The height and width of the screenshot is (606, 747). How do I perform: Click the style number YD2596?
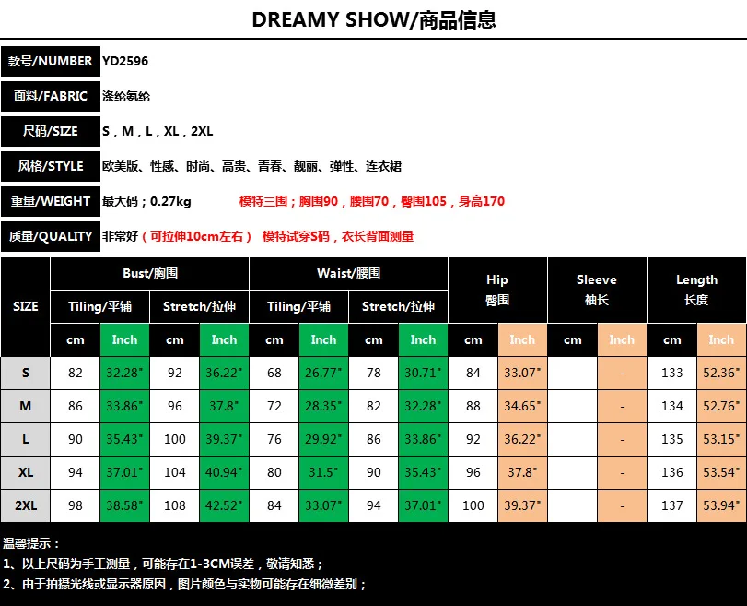pos(125,61)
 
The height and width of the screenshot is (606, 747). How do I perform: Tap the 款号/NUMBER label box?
pos(51,61)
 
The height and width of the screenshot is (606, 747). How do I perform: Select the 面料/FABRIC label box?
pos(51,96)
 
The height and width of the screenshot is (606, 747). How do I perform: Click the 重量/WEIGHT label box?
pos(51,201)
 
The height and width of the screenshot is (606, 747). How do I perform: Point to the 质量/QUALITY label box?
pos(51,236)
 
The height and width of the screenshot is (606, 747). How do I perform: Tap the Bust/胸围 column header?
pos(149,273)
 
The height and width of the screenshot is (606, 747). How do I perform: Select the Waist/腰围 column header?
pos(348,273)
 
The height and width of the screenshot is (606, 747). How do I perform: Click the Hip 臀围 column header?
pos(497,290)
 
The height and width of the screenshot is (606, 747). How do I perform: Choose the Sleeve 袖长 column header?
pos(597,290)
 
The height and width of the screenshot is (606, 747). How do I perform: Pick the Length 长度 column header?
pos(696,290)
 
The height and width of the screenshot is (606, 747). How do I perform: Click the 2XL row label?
pos(25,505)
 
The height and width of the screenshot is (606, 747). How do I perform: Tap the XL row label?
pos(25,472)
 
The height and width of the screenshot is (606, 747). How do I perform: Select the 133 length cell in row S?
pos(671,373)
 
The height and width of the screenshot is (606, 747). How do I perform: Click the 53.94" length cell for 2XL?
pos(721,505)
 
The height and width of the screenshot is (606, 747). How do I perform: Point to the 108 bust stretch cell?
pos(174,505)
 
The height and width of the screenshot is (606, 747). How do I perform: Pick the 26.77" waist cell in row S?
pos(323,373)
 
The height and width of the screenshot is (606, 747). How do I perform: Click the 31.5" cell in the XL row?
pos(323,472)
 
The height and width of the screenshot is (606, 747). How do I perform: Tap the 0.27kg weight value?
pos(170,201)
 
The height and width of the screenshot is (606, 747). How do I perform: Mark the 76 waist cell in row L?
pos(274,439)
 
